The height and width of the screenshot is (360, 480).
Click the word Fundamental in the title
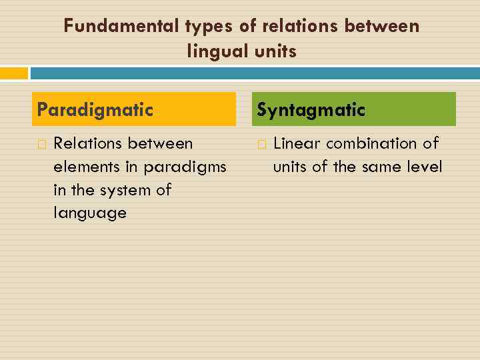(121, 25)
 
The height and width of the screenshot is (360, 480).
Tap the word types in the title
(209, 27)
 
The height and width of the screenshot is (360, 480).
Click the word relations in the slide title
(300, 25)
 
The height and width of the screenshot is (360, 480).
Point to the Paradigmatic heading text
(95, 110)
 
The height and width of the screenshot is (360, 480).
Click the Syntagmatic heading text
(311, 110)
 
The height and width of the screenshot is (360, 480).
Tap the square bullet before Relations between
(42, 144)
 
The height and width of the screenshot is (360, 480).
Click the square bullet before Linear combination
(262, 144)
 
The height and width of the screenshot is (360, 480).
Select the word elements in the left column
(87, 167)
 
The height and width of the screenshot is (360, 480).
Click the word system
(125, 191)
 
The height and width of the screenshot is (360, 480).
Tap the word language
(90, 213)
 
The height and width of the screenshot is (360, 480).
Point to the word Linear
(297, 143)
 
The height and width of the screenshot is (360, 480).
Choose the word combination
(371, 143)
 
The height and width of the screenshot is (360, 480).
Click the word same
(381, 167)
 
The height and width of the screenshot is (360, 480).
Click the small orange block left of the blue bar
(14, 73)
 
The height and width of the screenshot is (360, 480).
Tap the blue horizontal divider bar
(255, 73)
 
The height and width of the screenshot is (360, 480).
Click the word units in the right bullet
(289, 167)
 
